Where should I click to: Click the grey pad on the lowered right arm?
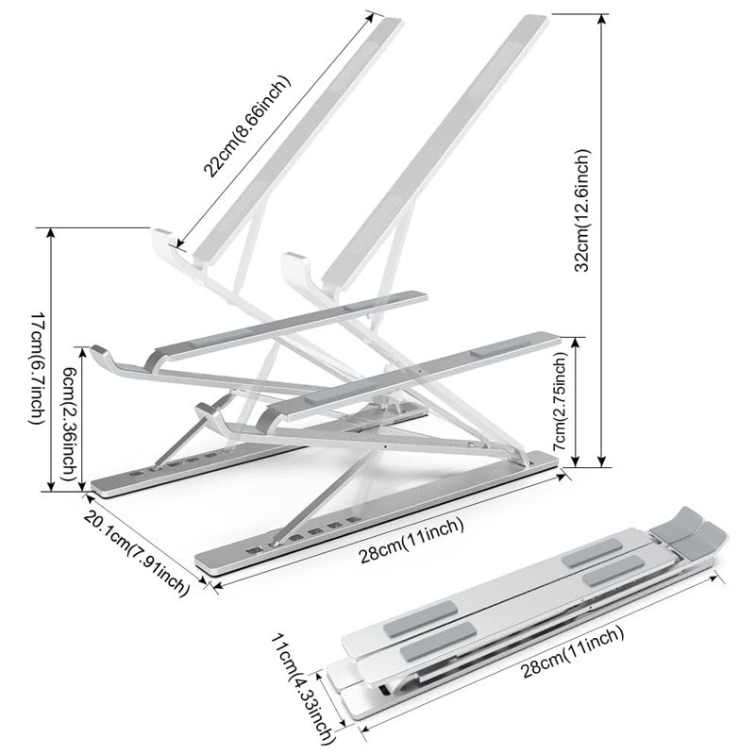point(492,349)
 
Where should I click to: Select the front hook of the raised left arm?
point(164,243)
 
